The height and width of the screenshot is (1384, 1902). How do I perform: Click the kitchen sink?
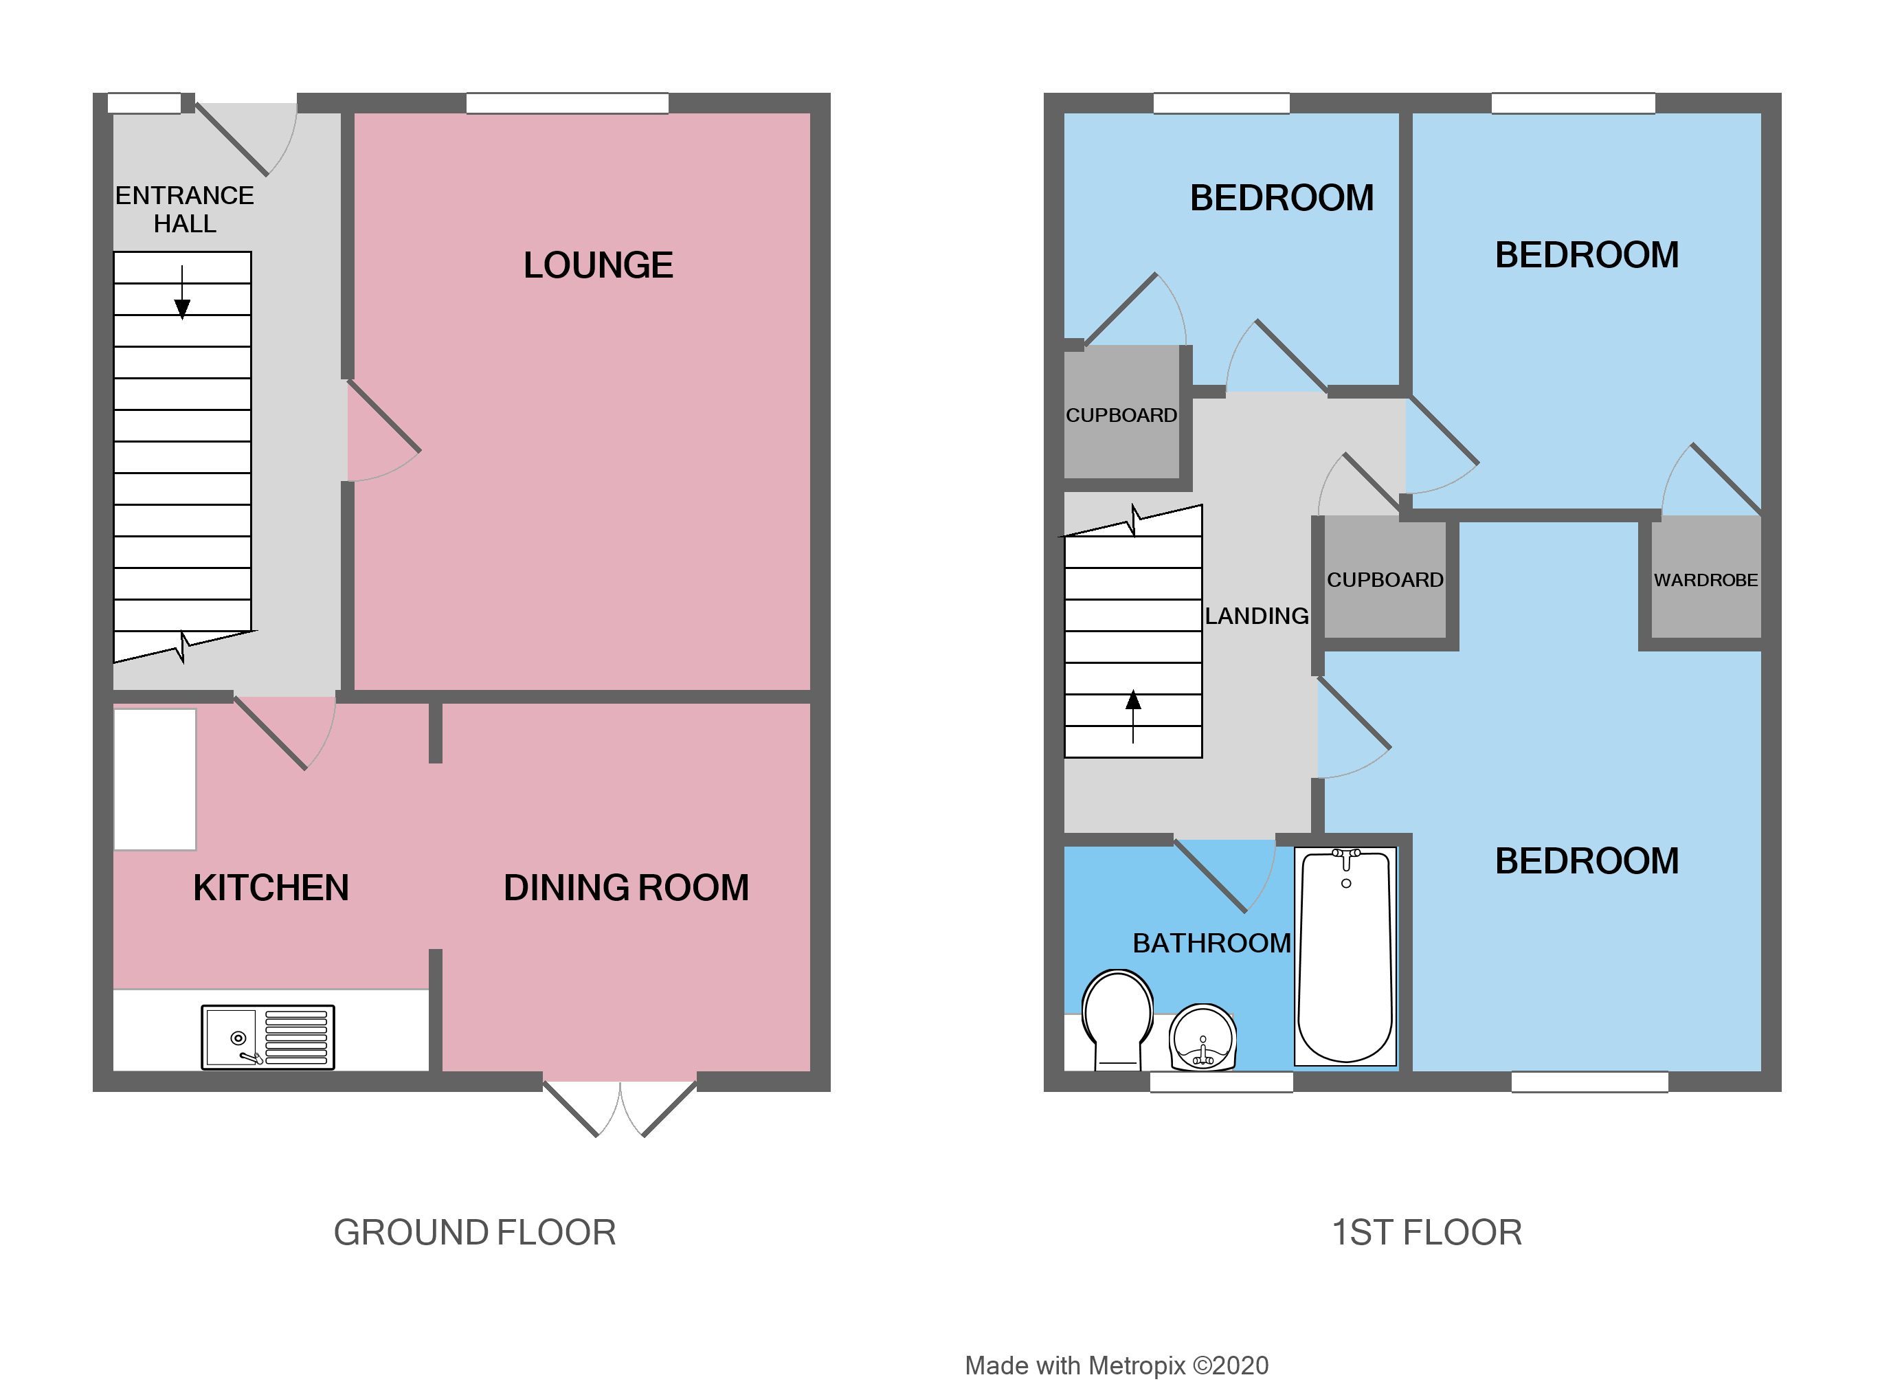coord(267,1038)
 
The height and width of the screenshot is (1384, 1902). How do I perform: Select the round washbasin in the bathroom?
coord(1202,1038)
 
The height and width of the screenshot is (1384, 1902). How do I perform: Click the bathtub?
coord(1345,956)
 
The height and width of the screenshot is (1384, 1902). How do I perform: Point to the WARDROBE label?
coord(1705,581)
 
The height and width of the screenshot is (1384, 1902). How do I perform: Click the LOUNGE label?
coord(598,266)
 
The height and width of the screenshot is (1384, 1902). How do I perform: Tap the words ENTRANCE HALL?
coord(185,210)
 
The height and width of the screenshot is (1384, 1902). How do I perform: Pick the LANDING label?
coord(1256,616)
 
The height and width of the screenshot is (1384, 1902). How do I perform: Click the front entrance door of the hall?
coord(243,138)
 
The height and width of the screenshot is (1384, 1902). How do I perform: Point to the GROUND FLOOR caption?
coord(475,1233)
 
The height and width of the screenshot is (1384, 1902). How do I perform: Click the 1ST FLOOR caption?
coord(1426,1233)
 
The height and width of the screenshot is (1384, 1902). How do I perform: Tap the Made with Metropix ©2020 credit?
coord(1116,1365)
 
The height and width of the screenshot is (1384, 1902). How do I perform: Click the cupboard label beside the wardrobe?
coord(1385,581)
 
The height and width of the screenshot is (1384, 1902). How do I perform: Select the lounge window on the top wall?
coord(567,104)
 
